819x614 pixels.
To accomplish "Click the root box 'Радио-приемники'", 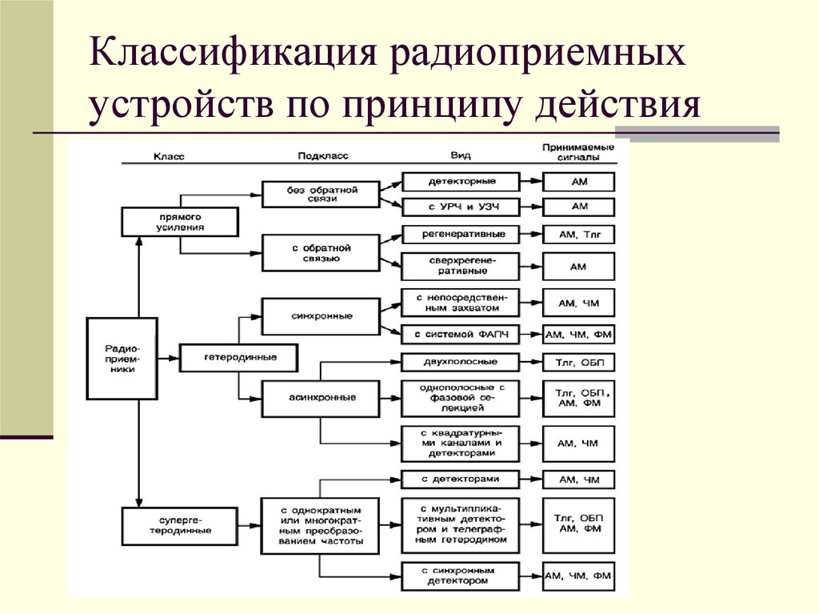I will click(122, 358).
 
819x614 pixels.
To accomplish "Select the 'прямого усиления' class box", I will click(180, 222).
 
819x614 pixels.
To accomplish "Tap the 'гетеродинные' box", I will click(228, 357).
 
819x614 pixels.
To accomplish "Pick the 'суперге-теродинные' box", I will click(180, 525).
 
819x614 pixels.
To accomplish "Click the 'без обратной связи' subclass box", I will click(321, 194).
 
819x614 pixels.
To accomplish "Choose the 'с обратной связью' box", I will click(321, 254).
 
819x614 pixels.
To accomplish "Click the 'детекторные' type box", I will click(461, 182).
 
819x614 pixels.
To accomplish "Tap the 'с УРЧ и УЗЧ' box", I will click(461, 207).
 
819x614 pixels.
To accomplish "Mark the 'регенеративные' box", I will click(461, 235).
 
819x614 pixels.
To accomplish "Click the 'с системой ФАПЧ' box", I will click(461, 334).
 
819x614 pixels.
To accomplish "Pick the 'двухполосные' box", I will click(461, 362).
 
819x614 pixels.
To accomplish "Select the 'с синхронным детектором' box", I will click(461, 576).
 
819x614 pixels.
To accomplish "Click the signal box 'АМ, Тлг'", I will click(579, 235).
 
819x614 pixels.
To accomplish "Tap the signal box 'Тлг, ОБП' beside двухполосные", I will click(579, 363).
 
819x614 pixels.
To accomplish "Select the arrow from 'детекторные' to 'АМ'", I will click(531, 182).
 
